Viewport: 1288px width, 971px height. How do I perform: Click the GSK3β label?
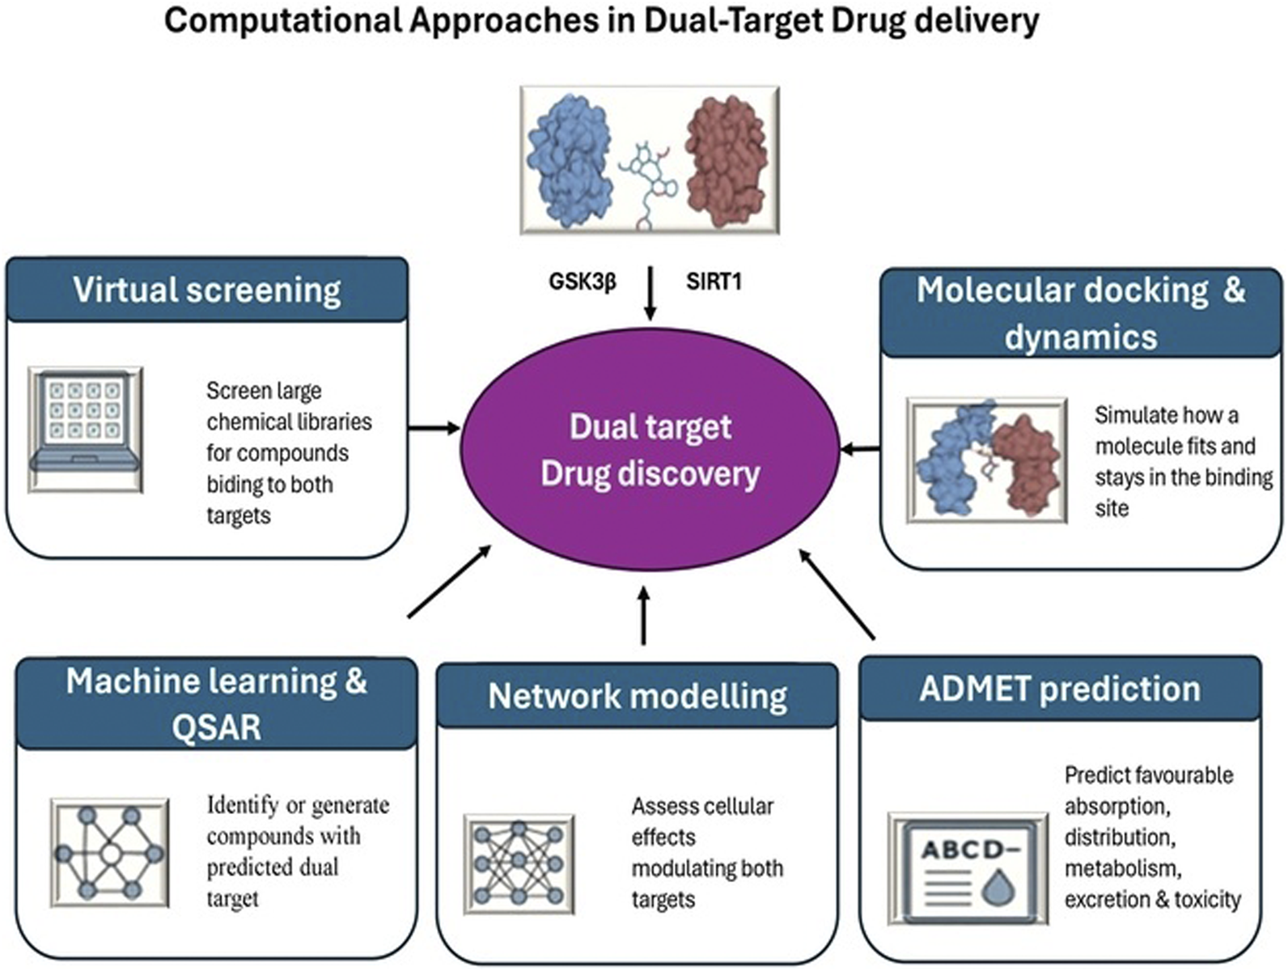click(x=583, y=282)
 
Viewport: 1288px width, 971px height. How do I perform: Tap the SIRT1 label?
click(x=714, y=282)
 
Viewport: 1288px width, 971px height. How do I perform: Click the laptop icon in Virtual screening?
click(x=86, y=429)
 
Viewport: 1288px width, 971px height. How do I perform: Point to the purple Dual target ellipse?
click(x=650, y=450)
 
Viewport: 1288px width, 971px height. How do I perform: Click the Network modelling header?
click(x=638, y=696)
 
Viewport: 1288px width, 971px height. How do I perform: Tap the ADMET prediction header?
click(x=1060, y=689)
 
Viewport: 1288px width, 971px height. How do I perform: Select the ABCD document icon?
click(x=968, y=869)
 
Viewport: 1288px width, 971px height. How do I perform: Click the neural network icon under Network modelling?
click(x=519, y=864)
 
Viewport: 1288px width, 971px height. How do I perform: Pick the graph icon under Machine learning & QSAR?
click(x=110, y=853)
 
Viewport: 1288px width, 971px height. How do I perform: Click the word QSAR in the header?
click(x=216, y=727)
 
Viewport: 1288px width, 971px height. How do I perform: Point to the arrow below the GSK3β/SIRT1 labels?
click(x=649, y=295)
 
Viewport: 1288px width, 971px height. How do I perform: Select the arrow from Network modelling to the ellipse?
click(x=644, y=617)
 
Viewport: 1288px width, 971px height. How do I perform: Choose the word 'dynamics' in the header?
click(x=1081, y=336)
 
